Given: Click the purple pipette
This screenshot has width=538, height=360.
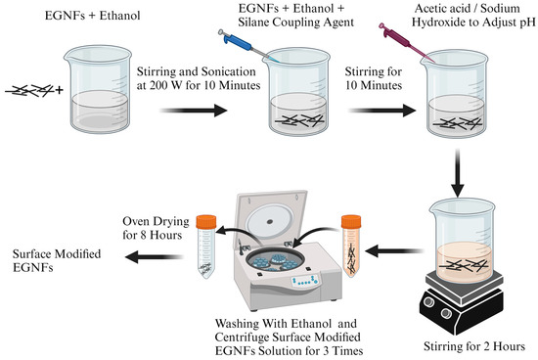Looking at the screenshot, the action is [404, 40].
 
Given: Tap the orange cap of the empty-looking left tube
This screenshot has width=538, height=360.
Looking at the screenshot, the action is [206, 221].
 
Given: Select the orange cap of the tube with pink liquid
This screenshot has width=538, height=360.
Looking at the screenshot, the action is [351, 222].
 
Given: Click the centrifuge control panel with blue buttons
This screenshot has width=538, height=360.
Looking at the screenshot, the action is [305, 281].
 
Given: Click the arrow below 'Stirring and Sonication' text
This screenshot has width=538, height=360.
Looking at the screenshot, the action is [194, 111].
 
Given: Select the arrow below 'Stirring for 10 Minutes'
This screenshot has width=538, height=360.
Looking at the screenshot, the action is [381, 111].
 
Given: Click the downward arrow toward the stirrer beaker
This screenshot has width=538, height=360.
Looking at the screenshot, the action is [458, 173].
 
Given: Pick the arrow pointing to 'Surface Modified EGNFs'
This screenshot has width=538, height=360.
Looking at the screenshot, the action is [153, 256].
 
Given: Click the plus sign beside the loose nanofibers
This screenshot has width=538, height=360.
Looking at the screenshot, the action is [59, 90].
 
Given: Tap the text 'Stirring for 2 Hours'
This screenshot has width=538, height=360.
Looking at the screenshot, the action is [474, 346].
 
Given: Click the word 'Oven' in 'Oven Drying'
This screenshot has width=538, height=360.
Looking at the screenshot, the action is [137, 221].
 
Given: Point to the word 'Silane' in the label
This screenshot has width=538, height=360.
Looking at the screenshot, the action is [254, 22].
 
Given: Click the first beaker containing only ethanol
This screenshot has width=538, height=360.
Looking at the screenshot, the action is [99, 89].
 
